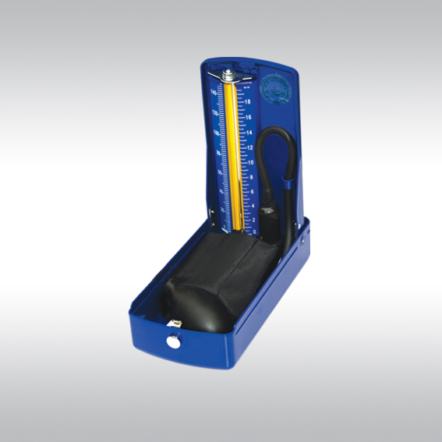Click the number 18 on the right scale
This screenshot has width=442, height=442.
[x=248, y=102]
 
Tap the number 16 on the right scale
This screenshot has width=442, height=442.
[x=249, y=117]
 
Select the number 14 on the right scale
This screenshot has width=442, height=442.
[x=249, y=133]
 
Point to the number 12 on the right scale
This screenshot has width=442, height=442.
[x=249, y=147]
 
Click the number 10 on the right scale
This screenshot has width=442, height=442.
[x=249, y=162]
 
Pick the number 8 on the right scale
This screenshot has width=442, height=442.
[x=250, y=177]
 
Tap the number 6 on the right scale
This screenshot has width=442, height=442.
[x=251, y=192]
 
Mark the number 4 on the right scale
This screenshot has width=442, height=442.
[x=251, y=206]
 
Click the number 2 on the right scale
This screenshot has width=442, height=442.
[x=252, y=220]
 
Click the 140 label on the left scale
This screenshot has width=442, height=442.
[x=214, y=93]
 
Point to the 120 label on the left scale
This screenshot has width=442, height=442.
[x=214, y=113]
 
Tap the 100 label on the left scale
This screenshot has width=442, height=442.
[x=215, y=133]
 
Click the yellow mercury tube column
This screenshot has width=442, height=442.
[x=231, y=156]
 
